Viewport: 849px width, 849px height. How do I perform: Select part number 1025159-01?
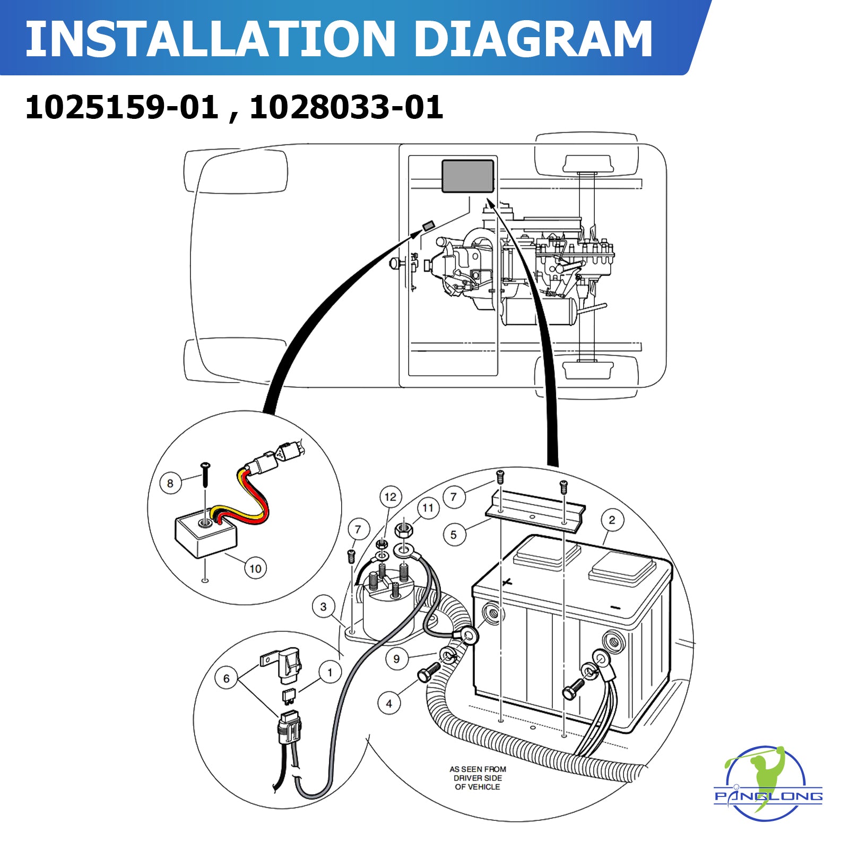[122, 107]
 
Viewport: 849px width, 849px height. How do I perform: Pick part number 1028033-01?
[346, 107]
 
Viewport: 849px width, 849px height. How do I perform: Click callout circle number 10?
[255, 569]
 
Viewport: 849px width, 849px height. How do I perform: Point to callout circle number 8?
[170, 483]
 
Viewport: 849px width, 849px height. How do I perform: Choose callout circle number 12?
[391, 497]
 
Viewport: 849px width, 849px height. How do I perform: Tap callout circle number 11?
[428, 508]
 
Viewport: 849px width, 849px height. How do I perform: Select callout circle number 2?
[612, 520]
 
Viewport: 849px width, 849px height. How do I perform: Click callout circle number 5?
[454, 535]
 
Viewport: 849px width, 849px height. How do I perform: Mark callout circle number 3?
[323, 607]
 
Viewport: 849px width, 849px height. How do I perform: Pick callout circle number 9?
[396, 659]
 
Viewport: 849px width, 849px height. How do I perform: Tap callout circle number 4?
[389, 704]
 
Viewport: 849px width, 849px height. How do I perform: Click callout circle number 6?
[226, 678]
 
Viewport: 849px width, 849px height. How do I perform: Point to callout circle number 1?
[330, 673]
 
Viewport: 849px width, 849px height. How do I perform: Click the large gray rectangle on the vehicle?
[468, 176]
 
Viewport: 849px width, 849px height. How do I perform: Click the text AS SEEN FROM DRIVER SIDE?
[478, 778]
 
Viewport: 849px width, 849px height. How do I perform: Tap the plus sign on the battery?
[507, 582]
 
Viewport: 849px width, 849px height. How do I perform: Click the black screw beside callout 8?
[205, 475]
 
